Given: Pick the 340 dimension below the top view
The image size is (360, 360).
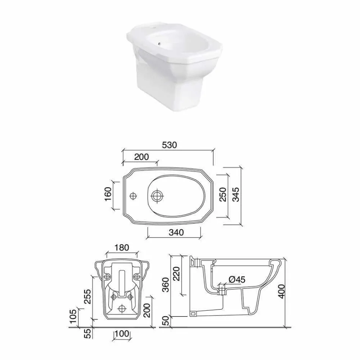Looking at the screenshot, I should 175,232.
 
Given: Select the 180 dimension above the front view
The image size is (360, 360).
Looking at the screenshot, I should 121,248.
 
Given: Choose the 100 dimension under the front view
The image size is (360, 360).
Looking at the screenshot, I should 122,334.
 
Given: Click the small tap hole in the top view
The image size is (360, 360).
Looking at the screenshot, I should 133,196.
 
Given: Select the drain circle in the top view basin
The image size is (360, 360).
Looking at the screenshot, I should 157,196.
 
